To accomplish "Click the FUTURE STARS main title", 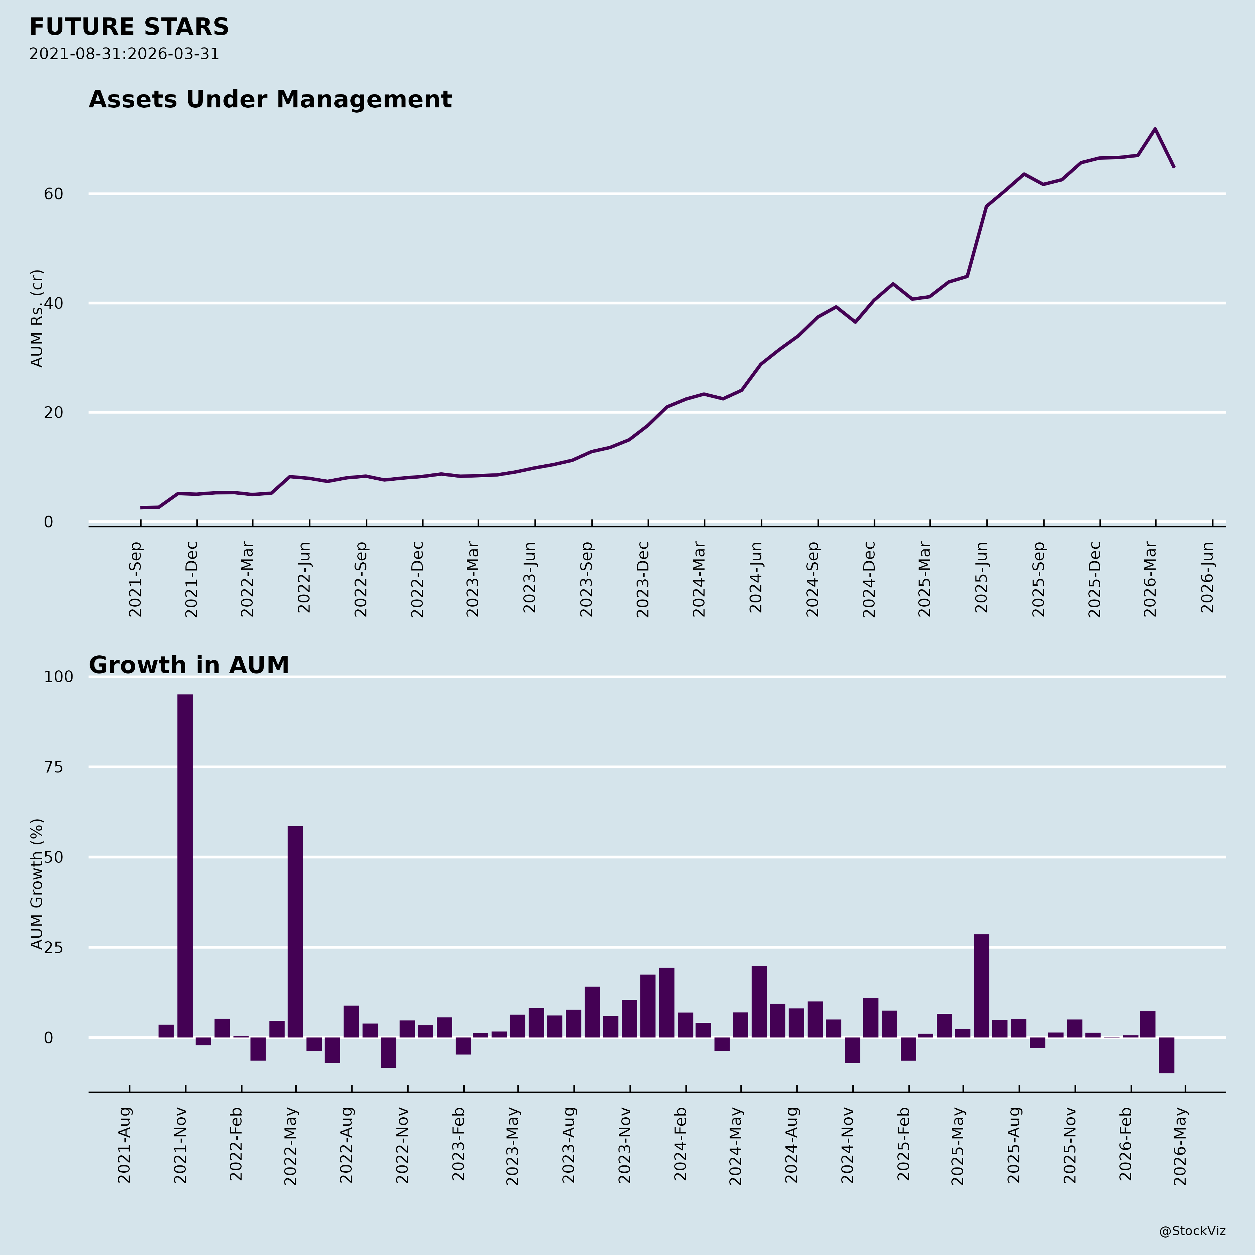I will [129, 27].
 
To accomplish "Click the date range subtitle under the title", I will [124, 54].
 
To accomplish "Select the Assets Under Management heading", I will [269, 99].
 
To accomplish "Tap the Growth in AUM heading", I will [188, 665].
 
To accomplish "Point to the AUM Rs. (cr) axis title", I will [37, 318].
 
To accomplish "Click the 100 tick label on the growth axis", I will [59, 677].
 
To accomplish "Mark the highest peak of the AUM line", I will [1155, 129].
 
